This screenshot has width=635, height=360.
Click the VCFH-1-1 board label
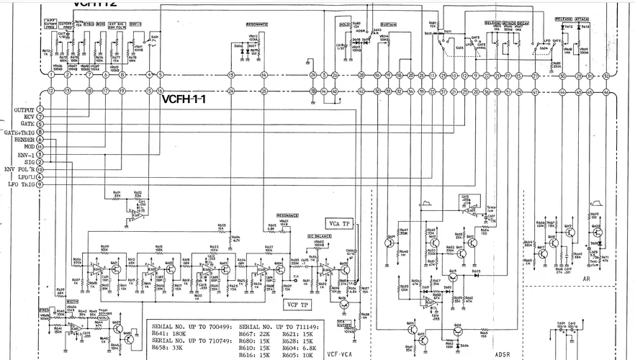184,99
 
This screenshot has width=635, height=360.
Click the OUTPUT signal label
24,109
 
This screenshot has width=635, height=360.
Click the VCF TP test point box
297,303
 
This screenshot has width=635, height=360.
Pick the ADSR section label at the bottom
503,354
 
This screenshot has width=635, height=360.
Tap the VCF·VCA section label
340,354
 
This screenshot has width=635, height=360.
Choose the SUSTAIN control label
389,24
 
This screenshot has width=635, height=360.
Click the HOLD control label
344,24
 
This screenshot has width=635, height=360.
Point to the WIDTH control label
72,301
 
